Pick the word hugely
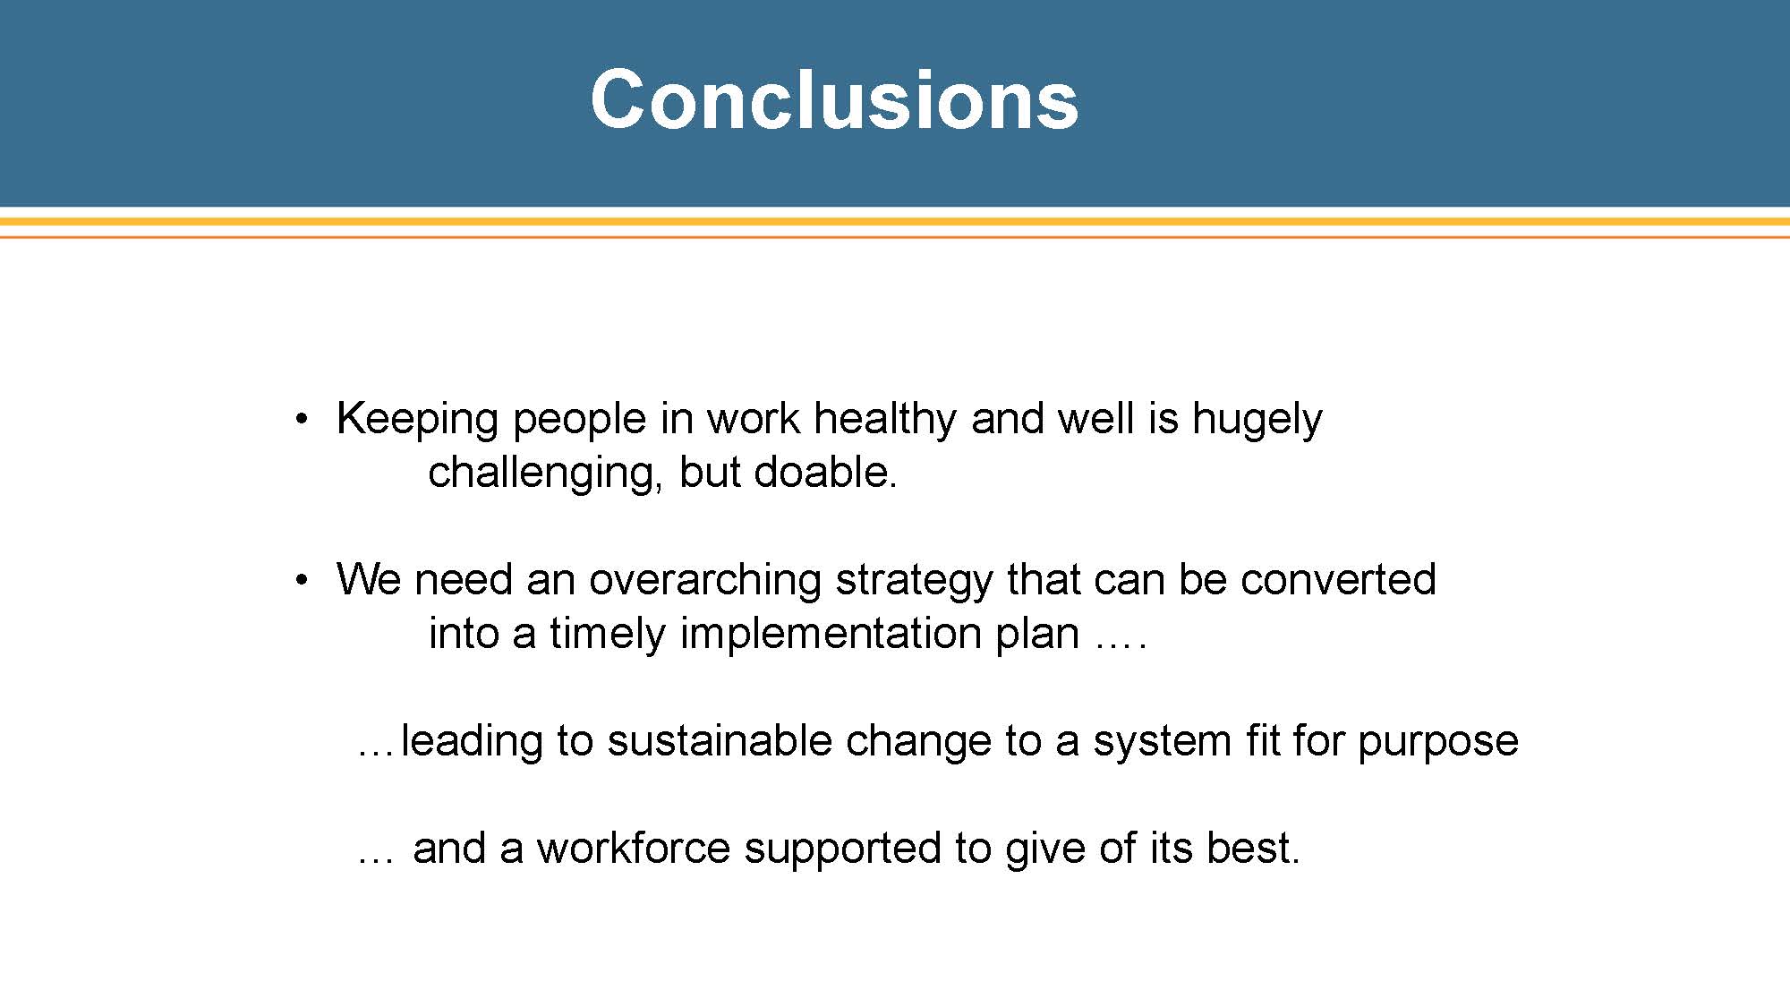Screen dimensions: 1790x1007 (1257, 420)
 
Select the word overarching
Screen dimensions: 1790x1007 (705, 581)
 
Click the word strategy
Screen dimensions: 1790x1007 (914, 581)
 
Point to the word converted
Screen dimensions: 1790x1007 (1338, 579)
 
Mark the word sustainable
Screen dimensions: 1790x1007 (720, 740)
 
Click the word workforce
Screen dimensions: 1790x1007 (633, 848)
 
